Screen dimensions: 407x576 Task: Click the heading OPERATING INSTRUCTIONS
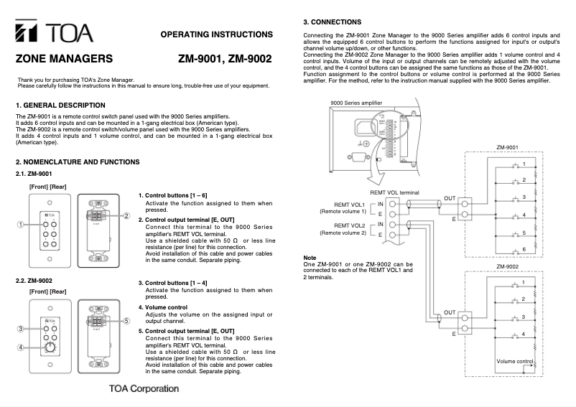point(216,34)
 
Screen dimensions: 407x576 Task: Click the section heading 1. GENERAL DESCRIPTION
point(60,106)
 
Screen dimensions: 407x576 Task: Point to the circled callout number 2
point(126,216)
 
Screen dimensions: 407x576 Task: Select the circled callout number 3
point(22,329)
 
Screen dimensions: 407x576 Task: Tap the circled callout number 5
point(126,321)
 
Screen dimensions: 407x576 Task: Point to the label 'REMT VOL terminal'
point(394,193)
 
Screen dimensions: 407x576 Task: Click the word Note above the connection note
point(310,257)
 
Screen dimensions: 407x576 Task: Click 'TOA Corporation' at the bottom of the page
point(143,389)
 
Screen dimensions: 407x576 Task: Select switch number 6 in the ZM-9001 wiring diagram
point(524,248)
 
